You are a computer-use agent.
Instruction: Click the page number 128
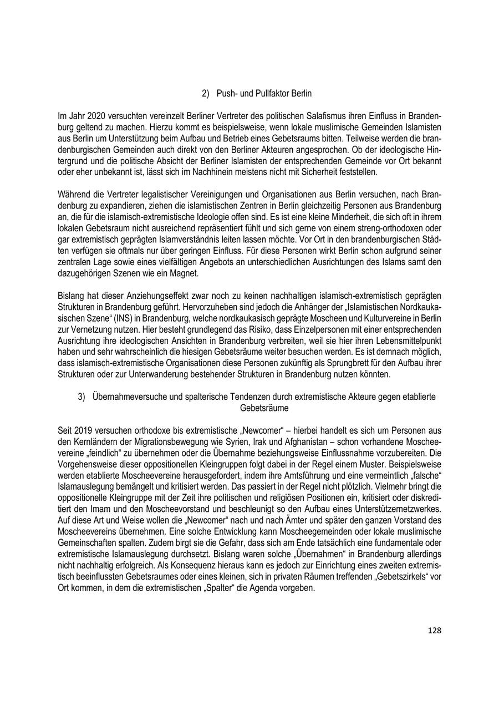[434, 630]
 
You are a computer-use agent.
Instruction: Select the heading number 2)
[206, 94]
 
